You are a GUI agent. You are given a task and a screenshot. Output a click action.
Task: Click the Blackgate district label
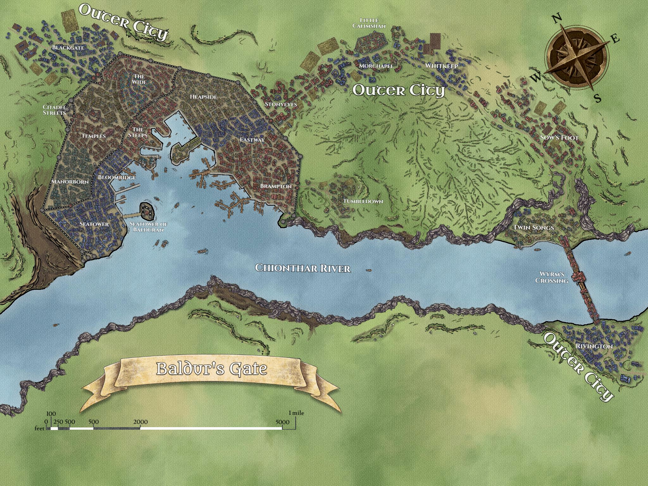(x=68, y=48)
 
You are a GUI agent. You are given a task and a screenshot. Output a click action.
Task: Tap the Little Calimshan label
(x=369, y=23)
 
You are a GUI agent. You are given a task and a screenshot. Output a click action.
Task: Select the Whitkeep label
(x=441, y=66)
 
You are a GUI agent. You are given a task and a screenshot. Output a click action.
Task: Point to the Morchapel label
(x=376, y=66)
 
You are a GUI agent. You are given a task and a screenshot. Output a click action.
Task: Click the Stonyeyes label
(x=281, y=104)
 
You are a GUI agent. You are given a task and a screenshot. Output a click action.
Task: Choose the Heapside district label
(x=203, y=97)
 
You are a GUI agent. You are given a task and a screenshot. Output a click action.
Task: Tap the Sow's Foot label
(x=559, y=138)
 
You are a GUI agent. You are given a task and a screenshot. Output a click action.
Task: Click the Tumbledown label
(x=363, y=201)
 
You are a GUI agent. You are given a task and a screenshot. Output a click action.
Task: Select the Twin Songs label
(x=533, y=227)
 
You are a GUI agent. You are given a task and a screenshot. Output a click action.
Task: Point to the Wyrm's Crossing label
(x=551, y=277)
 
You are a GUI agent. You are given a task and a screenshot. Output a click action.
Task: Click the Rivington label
(x=594, y=346)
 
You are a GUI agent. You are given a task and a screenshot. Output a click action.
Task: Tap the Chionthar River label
(x=303, y=268)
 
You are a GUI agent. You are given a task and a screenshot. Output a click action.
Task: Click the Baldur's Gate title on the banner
(x=212, y=369)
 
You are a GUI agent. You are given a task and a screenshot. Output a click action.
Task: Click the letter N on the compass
(x=557, y=19)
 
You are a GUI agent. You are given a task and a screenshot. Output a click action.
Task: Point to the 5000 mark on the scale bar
(x=282, y=422)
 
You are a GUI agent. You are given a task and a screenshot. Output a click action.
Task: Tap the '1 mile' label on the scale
(x=296, y=413)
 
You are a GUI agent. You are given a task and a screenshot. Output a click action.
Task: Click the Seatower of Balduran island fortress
(x=146, y=211)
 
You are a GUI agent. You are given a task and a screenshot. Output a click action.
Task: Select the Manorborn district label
(x=70, y=182)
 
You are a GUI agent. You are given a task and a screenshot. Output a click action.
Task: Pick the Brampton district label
(x=276, y=186)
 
